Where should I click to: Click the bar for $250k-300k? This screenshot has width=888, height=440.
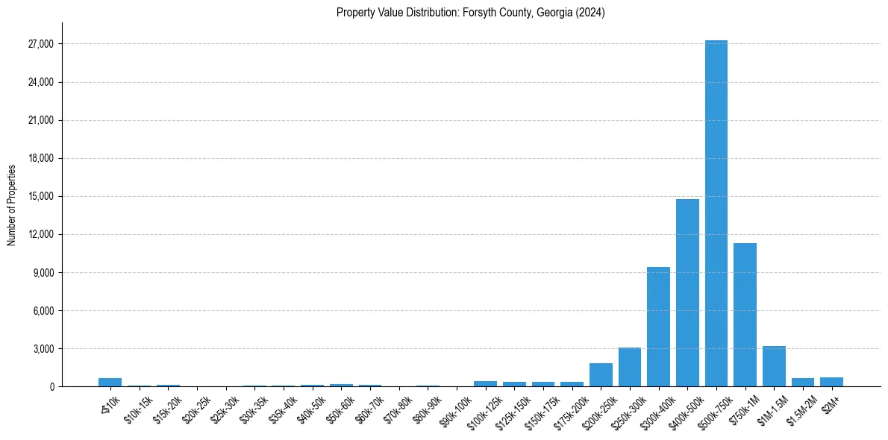(629, 367)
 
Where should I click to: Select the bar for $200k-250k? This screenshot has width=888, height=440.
(601, 375)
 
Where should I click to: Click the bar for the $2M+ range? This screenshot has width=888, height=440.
(831, 382)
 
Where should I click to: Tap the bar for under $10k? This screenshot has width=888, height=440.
(110, 383)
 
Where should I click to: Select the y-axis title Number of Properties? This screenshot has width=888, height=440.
(11, 204)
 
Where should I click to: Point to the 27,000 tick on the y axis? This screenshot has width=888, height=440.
(39, 44)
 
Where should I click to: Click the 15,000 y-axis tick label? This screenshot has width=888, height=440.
(39, 196)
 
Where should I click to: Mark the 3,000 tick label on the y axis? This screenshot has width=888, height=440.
(41, 349)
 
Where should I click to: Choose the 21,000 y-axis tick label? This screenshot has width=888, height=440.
(39, 120)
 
